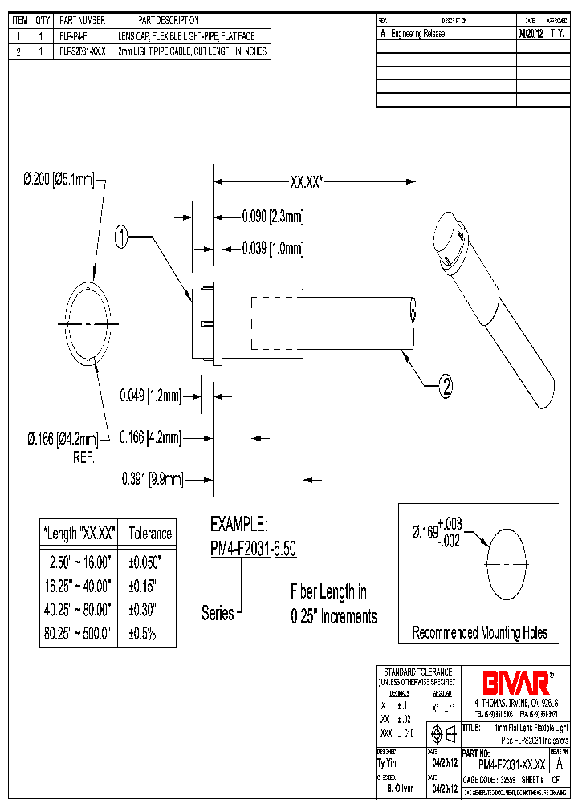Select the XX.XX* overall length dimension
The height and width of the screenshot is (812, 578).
coord(306,182)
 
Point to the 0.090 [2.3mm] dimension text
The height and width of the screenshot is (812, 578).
coord(273,217)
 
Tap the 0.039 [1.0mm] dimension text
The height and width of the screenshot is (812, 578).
coord(273,248)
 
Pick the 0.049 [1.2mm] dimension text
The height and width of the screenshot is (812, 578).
coord(151,396)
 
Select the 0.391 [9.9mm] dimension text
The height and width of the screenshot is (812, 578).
coord(153,479)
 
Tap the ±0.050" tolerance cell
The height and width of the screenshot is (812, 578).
coord(145,561)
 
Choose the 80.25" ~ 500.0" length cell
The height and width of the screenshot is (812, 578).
coord(78,633)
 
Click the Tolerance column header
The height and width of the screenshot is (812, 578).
coord(150,534)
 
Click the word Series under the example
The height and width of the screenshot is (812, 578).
coord(218,614)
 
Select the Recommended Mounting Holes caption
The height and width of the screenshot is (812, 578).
coord(479,633)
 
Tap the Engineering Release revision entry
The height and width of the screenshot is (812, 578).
coord(417,35)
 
